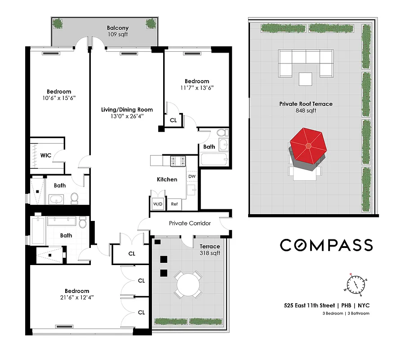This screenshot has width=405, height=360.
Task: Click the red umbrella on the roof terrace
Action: pos(308,145)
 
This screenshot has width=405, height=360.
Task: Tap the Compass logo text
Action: pos(326,245)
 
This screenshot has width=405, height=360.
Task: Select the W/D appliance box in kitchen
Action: pos(158,204)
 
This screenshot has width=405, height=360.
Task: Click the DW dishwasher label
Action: pos(191,176)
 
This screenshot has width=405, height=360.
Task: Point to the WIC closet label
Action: pos(46,155)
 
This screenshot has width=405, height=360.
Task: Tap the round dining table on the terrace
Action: pos(189,284)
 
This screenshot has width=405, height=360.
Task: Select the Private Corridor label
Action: pos(190,223)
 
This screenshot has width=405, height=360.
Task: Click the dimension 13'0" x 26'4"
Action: pos(127,116)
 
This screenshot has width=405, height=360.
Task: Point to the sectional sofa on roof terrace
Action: pos(306,62)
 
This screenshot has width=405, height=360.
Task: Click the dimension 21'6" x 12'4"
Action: pos(77,297)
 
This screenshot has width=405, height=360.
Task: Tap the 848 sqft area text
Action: pos(306,110)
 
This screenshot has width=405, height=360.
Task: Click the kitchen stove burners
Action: pos(178,160)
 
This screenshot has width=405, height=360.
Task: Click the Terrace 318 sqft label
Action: pos(210,250)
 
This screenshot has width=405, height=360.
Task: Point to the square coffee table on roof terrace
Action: pos(306,79)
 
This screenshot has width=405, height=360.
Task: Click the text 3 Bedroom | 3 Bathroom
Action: pos(346,313)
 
